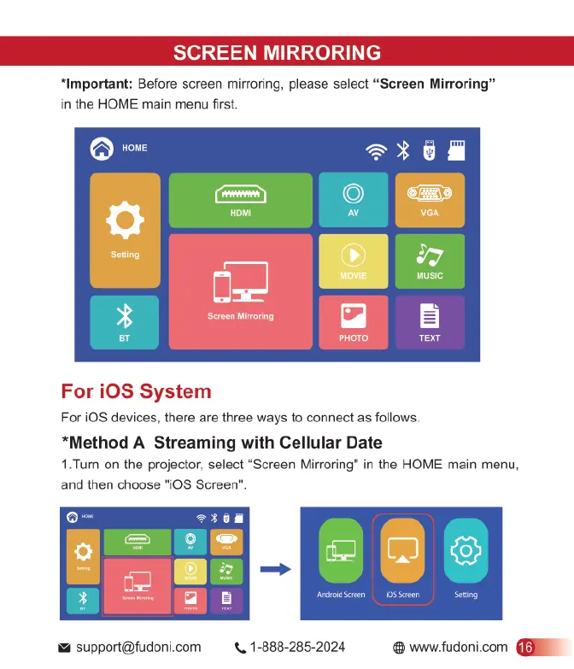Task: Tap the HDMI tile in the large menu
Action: (x=240, y=200)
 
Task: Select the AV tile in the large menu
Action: (x=353, y=200)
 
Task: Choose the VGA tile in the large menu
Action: (x=429, y=200)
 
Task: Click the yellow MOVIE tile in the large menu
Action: (x=353, y=261)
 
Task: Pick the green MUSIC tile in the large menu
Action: (x=429, y=261)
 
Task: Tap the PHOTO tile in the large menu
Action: (x=353, y=322)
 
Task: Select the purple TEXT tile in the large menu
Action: (x=429, y=322)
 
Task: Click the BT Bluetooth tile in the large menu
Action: (x=124, y=322)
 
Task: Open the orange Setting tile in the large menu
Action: (x=125, y=230)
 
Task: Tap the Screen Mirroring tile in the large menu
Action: (x=240, y=291)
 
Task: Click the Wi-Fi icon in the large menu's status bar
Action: (x=375, y=151)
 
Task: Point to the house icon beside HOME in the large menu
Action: (x=102, y=149)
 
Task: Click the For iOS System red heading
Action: (x=136, y=392)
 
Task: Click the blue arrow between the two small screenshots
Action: (x=272, y=568)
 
